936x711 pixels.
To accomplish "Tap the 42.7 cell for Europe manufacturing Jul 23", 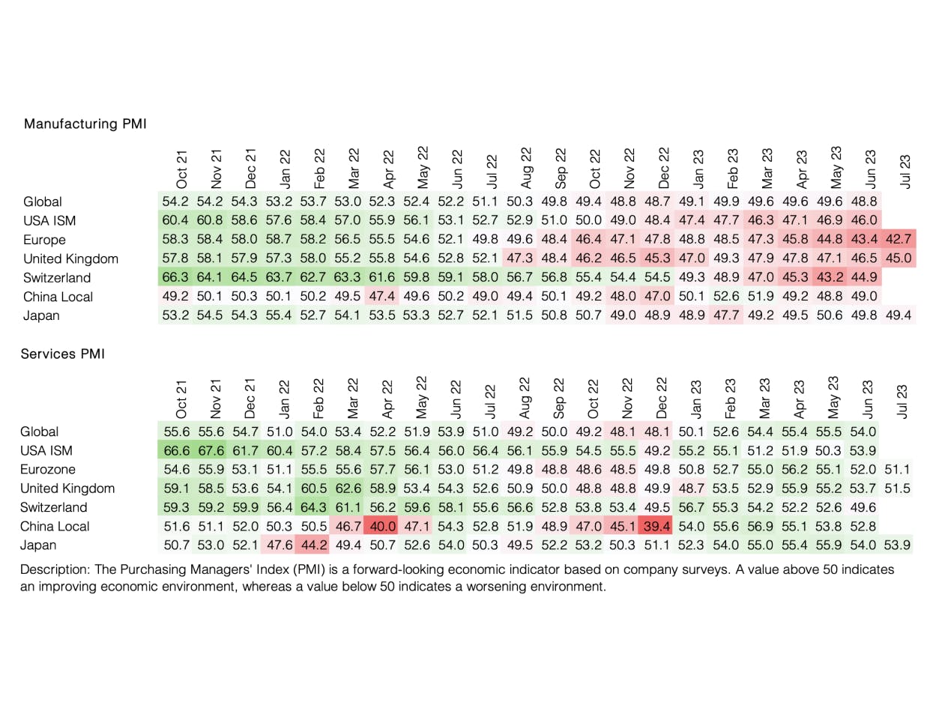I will (x=899, y=240).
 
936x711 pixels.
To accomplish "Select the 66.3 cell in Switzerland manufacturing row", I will (x=177, y=278).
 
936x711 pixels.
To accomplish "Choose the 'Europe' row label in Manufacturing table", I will (x=44, y=240).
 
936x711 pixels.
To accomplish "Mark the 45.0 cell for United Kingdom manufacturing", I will (x=899, y=258).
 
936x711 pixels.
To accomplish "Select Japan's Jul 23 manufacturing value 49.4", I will (x=899, y=315).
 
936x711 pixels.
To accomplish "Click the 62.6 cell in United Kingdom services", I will (x=348, y=488).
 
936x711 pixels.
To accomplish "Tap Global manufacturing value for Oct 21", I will (x=177, y=202).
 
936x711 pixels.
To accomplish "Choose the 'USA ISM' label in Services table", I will (x=49, y=450).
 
